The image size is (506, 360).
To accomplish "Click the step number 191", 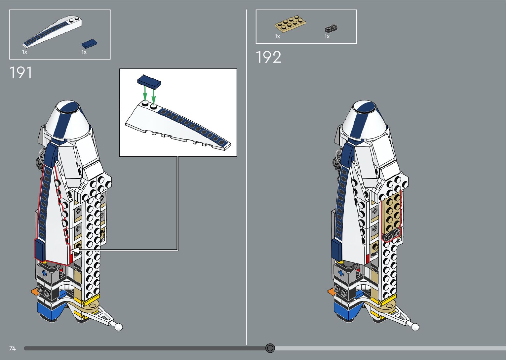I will coord(21,73).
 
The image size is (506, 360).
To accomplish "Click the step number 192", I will coord(268,57).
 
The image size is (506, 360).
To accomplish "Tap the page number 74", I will coord(13,348).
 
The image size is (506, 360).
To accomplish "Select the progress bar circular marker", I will coord(270,348).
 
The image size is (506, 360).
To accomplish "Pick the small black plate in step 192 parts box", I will coord(331,28).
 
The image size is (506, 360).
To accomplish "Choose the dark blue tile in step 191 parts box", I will coord(89,43).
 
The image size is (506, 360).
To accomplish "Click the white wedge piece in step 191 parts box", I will coord(53,31).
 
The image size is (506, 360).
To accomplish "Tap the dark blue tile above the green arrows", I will coord(149,81).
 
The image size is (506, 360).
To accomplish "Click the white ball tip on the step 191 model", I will coord(118,327).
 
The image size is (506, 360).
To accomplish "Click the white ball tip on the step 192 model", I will coord(415,327).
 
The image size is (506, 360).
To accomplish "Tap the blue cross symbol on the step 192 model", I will coord(340,273).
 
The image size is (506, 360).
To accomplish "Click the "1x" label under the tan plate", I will coord(277,36).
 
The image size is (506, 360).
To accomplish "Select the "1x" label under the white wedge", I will coord(24,52).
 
